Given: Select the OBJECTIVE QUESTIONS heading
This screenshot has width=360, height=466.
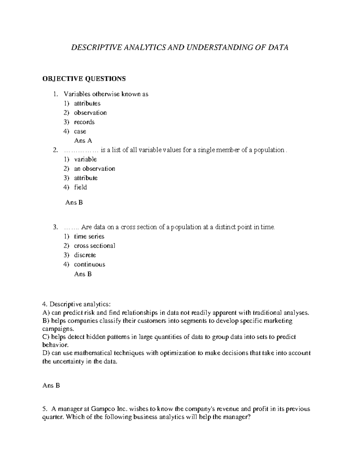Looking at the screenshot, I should pos(84,79).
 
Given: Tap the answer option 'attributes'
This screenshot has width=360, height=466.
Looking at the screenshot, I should pos(87,104).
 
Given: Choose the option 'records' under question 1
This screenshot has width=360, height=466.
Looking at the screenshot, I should pos(84,122).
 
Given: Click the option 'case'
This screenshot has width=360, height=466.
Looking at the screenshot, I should pos(80,131).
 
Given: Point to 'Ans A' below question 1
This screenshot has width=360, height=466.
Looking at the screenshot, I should pos(83,141).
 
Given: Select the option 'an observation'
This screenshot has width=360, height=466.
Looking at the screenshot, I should pos(94,169).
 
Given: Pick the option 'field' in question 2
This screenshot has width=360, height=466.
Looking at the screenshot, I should pos(80,187).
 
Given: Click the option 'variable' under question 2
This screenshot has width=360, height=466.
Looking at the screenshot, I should pos(85,159).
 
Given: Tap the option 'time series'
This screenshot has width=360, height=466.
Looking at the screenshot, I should pos(89,236).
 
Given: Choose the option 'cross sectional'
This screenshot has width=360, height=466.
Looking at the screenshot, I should pos(94,246).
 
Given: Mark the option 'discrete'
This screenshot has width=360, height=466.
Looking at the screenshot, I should pos(85,255).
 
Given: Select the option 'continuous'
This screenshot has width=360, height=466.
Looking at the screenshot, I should pos(89,264).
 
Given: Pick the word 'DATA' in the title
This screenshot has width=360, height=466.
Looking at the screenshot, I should pos(278,47).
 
